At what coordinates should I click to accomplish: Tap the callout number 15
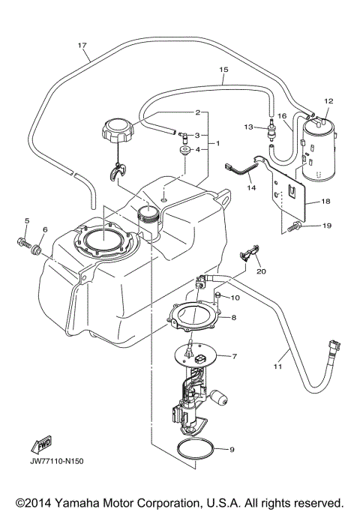click(223, 70)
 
